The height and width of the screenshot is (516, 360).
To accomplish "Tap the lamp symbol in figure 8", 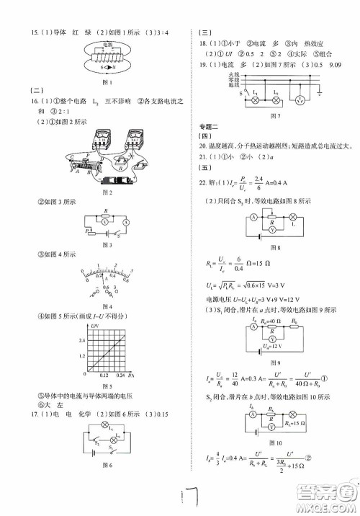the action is point(294,217).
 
